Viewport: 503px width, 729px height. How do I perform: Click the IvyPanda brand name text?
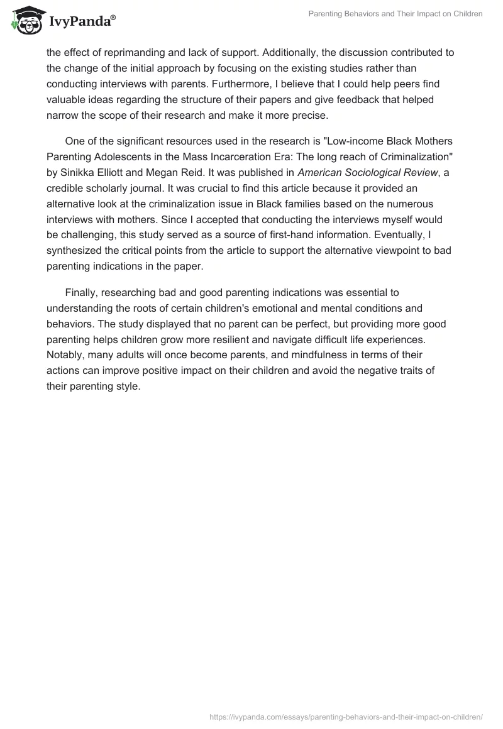(x=82, y=21)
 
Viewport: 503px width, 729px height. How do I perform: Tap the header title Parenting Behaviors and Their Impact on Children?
(x=395, y=14)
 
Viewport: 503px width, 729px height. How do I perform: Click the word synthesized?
(x=77, y=249)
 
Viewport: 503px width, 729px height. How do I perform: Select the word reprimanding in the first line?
(x=126, y=53)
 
